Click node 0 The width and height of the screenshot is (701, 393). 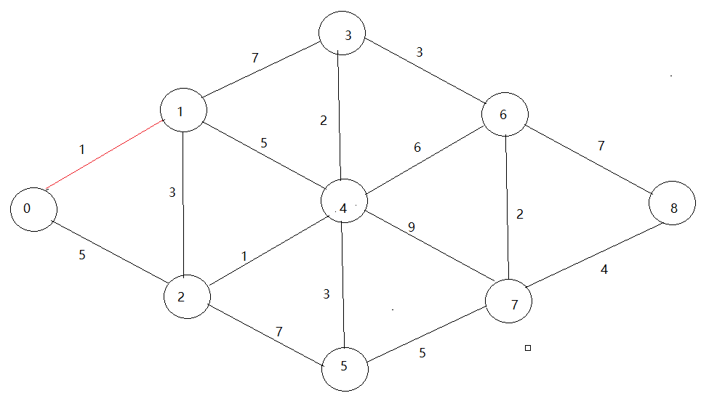tap(33, 208)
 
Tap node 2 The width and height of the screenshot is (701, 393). tap(186, 296)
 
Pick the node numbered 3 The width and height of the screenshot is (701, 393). tap(342, 33)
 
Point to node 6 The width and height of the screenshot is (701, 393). tap(504, 115)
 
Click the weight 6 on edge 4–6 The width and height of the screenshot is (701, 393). tap(417, 147)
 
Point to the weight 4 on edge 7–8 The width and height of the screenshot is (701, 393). tap(604, 270)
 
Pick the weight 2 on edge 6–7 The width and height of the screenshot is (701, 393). tap(519, 214)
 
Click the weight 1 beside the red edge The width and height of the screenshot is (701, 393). tap(82, 150)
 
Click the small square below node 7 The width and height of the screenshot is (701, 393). tap(528, 349)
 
